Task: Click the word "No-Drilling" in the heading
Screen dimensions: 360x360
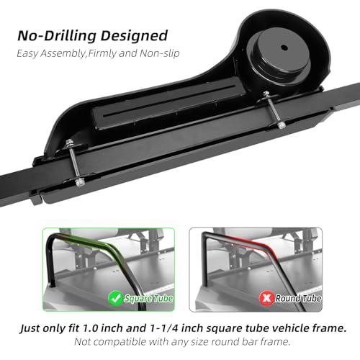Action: pos(57,35)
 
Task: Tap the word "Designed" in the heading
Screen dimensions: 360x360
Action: pos(134,36)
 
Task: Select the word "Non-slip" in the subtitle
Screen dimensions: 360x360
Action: pos(159,53)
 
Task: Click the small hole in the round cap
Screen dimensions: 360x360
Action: pos(284,47)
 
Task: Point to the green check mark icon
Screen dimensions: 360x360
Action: pos(116,298)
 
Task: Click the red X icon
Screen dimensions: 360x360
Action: pos(266,298)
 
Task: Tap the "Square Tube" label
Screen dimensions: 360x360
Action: pos(148,299)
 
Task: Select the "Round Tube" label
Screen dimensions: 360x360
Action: pos(298,299)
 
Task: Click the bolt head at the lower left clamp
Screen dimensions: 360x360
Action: pos(79,183)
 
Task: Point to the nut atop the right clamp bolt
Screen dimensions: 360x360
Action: pos(266,94)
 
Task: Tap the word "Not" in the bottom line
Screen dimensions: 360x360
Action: pos(82,342)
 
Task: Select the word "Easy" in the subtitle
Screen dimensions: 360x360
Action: pos(27,53)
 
